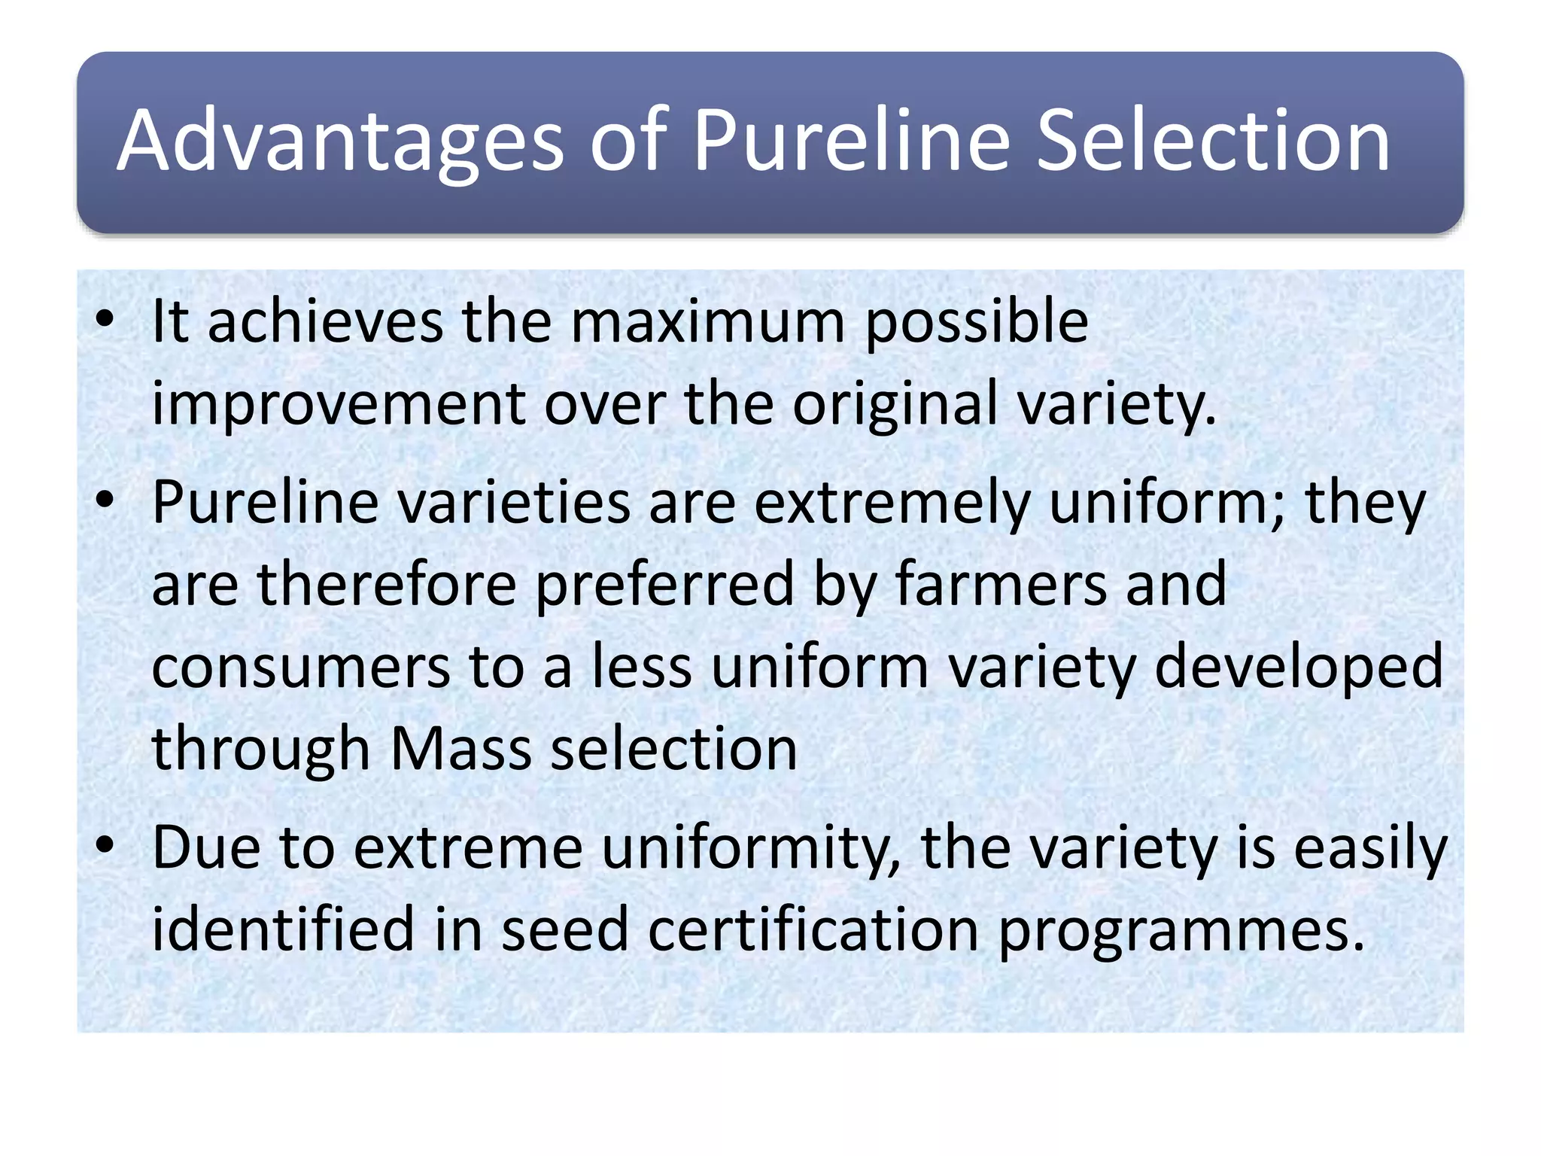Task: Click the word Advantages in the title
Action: (340, 141)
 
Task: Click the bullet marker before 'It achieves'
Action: (105, 320)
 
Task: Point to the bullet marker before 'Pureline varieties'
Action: (105, 500)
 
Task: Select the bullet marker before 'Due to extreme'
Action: (105, 846)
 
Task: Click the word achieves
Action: (325, 321)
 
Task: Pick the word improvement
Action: (339, 404)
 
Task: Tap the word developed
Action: (1299, 668)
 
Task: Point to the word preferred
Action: (665, 586)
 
